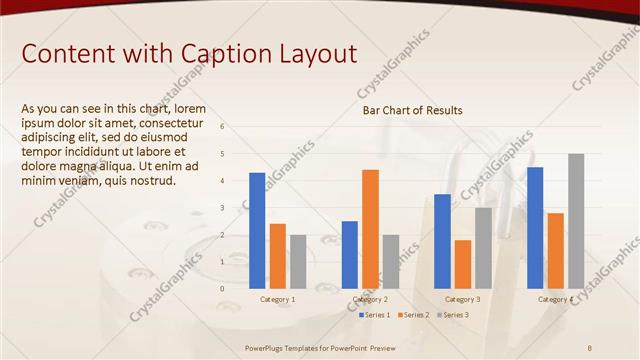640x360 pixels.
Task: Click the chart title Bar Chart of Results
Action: point(412,110)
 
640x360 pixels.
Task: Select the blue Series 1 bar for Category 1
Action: point(257,230)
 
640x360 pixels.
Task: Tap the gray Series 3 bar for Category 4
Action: point(576,221)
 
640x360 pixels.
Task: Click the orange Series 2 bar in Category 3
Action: point(462,264)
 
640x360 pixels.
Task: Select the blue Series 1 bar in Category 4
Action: point(535,227)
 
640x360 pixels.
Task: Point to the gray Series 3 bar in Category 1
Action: point(298,261)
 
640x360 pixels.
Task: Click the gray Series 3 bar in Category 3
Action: point(483,247)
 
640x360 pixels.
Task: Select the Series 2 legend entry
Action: point(413,315)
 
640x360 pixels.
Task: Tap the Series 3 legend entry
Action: point(452,315)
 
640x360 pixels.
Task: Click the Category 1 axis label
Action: point(277,299)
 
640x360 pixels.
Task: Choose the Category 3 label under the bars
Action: point(462,299)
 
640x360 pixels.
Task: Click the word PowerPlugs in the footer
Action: point(267,348)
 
